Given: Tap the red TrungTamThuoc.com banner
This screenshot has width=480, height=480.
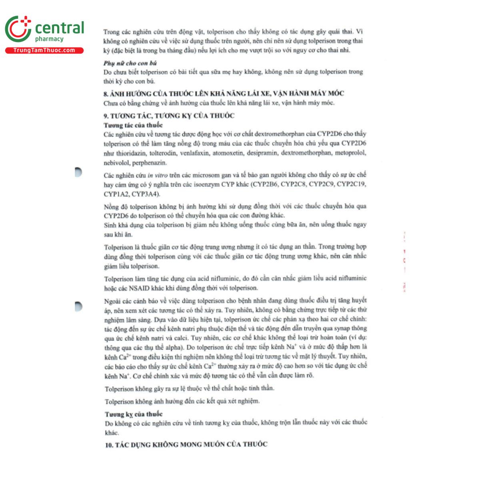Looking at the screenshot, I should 44,50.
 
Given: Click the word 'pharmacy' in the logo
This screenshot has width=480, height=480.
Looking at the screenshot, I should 49,39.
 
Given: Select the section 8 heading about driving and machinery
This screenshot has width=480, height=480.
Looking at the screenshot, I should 224,94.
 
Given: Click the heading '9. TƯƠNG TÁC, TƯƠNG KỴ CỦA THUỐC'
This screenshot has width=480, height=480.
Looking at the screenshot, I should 169,116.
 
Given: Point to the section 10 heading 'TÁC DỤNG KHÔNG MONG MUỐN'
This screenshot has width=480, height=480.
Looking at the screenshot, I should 186,444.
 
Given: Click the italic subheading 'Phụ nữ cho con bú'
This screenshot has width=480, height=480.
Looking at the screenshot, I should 130,63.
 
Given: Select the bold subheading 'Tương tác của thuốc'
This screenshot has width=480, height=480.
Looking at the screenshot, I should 133,125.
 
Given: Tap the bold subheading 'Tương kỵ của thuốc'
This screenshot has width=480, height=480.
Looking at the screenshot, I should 134,414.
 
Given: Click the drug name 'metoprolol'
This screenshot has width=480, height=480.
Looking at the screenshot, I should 350,153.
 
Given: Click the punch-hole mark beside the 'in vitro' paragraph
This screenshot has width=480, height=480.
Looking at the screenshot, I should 78,172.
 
